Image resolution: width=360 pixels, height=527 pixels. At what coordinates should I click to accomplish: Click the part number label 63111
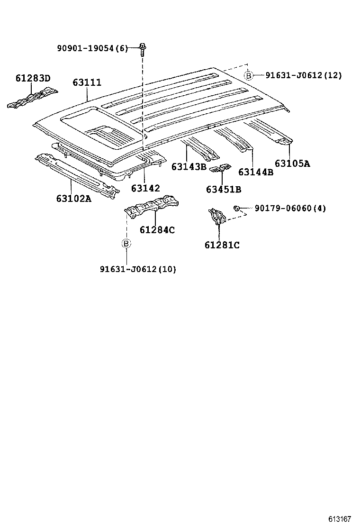click(x=87, y=82)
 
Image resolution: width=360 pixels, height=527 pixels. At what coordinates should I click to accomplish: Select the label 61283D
click(x=33, y=78)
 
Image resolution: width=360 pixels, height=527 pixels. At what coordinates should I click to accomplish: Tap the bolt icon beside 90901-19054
click(x=142, y=47)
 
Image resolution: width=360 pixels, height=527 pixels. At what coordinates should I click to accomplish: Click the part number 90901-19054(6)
click(x=92, y=48)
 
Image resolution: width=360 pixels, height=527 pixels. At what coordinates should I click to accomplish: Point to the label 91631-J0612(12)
click(x=303, y=75)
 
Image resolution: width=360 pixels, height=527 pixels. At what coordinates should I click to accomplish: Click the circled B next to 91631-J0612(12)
click(x=248, y=75)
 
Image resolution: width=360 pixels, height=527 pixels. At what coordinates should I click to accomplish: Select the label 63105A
click(x=292, y=164)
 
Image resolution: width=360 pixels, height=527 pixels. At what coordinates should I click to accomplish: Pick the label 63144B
click(x=256, y=172)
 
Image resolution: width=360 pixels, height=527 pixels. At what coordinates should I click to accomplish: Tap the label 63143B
click(x=189, y=166)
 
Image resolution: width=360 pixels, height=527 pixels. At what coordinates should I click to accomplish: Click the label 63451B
click(x=224, y=190)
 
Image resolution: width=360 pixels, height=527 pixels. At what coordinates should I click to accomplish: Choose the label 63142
click(x=145, y=188)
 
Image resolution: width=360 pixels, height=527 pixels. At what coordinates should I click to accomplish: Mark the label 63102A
click(x=73, y=198)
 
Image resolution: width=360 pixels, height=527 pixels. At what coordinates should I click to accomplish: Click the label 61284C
click(x=157, y=230)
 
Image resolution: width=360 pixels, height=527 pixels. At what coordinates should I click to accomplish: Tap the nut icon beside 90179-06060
click(x=235, y=208)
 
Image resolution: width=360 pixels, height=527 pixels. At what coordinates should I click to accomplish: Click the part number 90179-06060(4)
click(x=290, y=208)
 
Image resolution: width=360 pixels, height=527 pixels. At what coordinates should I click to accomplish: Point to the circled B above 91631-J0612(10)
click(x=126, y=243)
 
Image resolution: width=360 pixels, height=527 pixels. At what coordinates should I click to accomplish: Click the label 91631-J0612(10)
click(x=138, y=269)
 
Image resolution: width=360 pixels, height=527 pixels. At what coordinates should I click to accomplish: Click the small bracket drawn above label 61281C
click(x=217, y=216)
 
